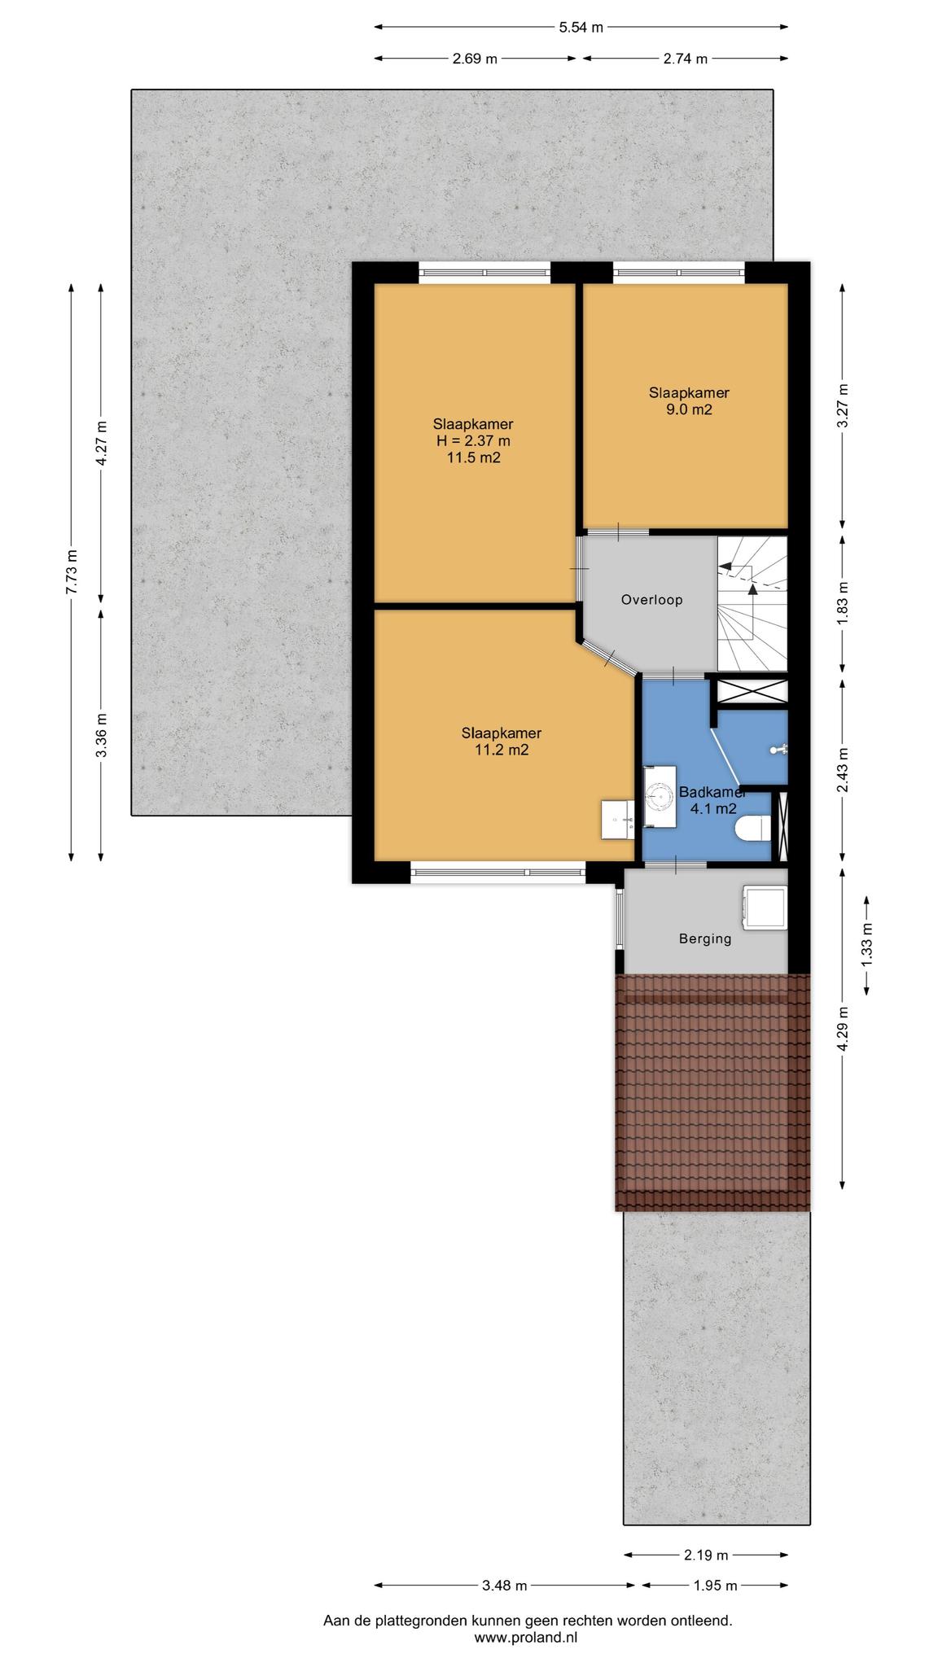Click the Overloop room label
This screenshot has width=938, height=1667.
[x=651, y=600]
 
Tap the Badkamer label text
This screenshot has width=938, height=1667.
[x=712, y=792]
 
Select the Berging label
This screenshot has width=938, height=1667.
[x=705, y=939]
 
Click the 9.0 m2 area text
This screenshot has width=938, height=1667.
[x=689, y=409]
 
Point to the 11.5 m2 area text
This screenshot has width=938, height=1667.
[x=473, y=457]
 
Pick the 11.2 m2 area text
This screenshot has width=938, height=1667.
[x=502, y=750]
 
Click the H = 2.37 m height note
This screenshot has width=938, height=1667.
[x=473, y=441]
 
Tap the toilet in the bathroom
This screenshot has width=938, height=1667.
[x=751, y=829]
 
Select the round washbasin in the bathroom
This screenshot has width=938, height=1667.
[x=657, y=795]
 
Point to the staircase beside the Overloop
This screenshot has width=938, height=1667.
[x=752, y=604]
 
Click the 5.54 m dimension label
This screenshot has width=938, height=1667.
[x=581, y=27]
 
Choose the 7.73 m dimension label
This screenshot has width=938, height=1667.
[x=72, y=572]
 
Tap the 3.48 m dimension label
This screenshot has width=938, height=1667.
[x=503, y=1585]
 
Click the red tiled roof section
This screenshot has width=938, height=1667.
[x=713, y=1092]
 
